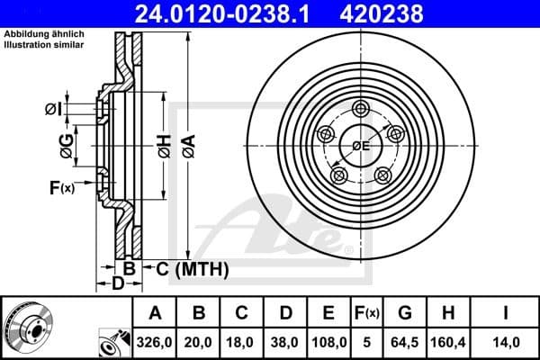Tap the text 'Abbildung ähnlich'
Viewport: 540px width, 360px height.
coord(45,35)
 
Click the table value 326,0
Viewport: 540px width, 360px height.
coord(155,343)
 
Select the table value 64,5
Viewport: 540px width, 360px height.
coord(405,343)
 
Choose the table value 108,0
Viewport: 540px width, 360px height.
coord(329,343)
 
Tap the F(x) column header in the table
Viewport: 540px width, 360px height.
coord(367,314)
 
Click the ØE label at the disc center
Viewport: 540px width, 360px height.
coord(361,145)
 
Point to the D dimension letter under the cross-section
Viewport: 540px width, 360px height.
coord(117,284)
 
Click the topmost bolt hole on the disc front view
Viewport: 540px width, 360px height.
coord(361,110)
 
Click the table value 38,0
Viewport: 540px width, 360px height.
coord(285,343)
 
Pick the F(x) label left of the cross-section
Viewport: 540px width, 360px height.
coord(61,188)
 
